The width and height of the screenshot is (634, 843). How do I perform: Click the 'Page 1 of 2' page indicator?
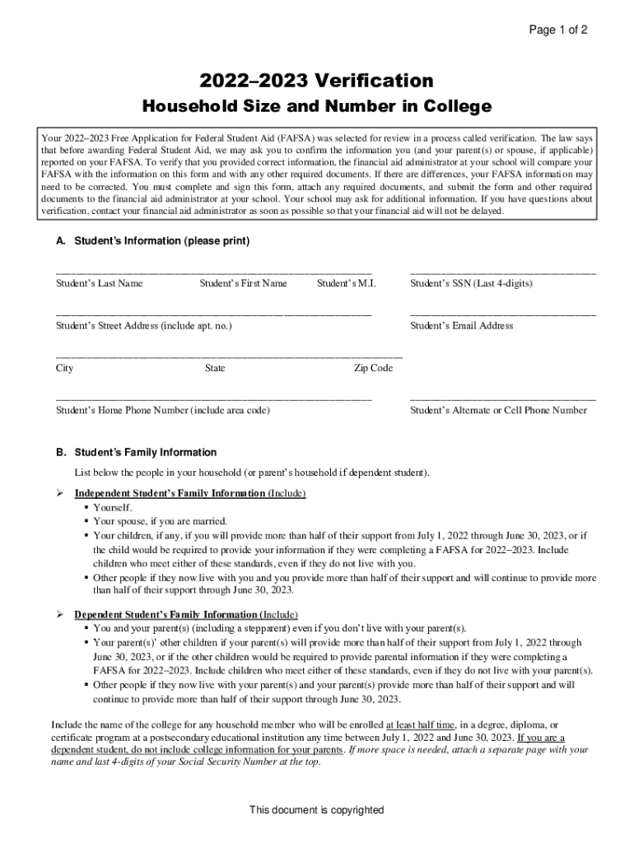coord(558,30)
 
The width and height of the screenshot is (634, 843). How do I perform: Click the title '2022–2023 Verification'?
coord(317,81)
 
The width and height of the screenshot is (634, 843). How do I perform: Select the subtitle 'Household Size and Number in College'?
coord(317,107)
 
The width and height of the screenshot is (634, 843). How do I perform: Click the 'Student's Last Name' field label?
coord(100,284)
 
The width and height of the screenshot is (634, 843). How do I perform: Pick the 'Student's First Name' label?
coord(243,284)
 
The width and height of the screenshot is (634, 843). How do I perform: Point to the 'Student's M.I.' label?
coord(346,284)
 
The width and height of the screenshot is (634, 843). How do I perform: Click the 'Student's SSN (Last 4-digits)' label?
coord(471,284)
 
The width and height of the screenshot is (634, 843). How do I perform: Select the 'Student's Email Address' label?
coord(461,326)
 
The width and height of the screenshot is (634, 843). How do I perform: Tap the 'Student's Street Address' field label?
coord(144,326)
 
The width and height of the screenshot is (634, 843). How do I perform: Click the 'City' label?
coord(64,369)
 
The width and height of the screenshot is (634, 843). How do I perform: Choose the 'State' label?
coord(215,369)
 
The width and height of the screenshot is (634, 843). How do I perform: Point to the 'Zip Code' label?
coord(373,369)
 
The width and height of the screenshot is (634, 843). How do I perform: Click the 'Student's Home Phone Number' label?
coord(162,411)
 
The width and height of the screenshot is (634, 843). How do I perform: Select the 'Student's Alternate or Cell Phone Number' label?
coord(498,411)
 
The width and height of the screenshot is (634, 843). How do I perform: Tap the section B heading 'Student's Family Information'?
coord(146,453)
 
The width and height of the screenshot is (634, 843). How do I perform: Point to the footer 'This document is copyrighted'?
coord(317,810)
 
